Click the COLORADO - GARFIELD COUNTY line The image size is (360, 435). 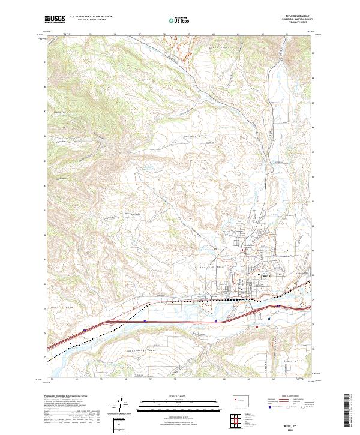pyautogui.click(x=301, y=20)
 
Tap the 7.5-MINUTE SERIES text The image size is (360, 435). pyautogui.click(x=301, y=23)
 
